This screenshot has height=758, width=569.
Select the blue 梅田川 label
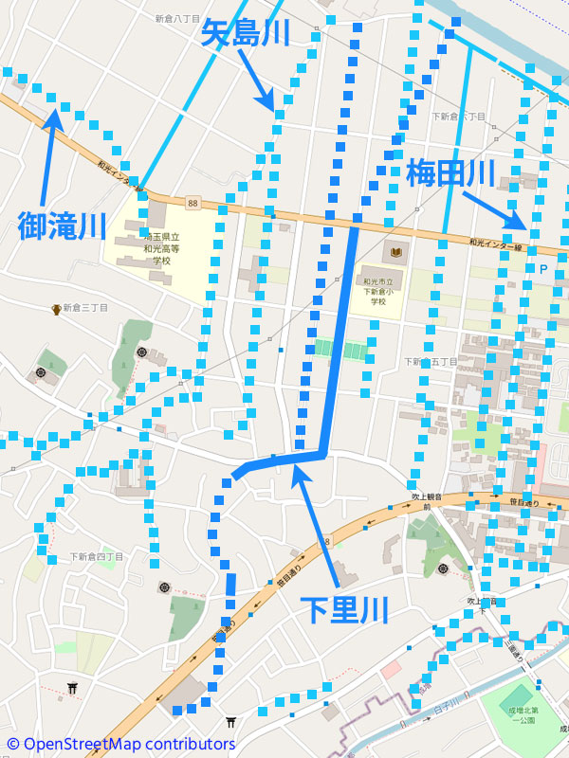[450, 173]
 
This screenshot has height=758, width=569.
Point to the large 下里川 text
[344, 609]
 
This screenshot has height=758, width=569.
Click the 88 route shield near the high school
[193, 203]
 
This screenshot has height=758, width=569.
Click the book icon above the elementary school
[393, 254]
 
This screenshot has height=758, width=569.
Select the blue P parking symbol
[543, 270]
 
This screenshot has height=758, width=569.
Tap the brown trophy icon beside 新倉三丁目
[57, 309]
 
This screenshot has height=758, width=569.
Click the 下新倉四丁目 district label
[96, 556]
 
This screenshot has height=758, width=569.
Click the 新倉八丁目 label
[177, 19]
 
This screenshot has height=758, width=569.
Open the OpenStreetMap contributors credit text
[121, 745]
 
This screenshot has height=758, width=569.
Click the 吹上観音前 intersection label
[427, 501]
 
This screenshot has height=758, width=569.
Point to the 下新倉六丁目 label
[458, 117]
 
